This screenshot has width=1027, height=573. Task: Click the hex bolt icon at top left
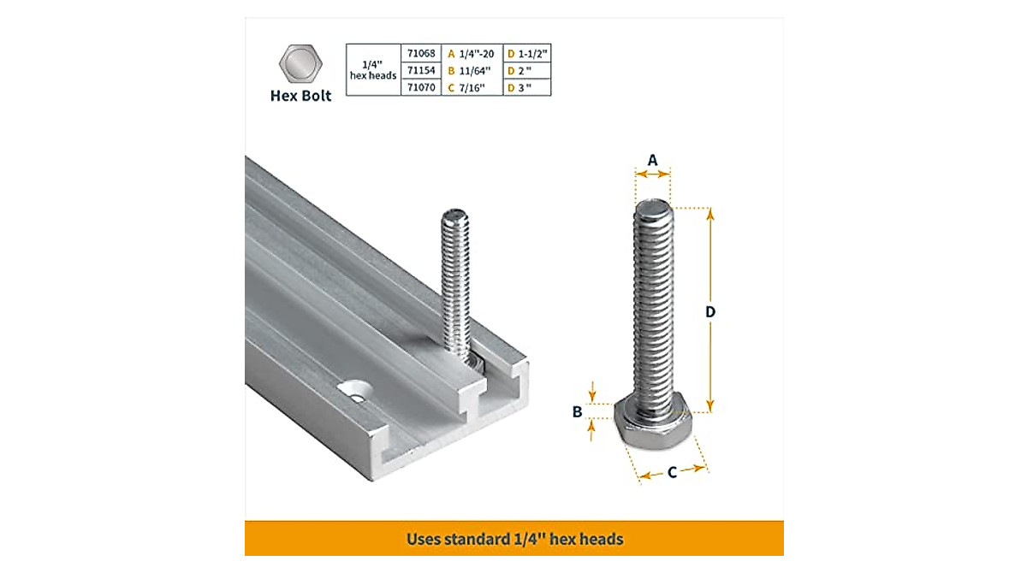pyautogui.click(x=300, y=64)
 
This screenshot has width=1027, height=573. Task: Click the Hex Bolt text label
pyautogui.click(x=300, y=96)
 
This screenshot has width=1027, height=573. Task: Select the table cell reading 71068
pyautogui.click(x=421, y=53)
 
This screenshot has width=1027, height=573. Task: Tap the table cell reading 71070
pyautogui.click(x=421, y=86)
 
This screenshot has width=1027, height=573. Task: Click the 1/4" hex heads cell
pyautogui.click(x=373, y=69)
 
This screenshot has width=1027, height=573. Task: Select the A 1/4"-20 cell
pyautogui.click(x=472, y=53)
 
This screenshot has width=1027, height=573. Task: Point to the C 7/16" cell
pyautogui.click(x=472, y=86)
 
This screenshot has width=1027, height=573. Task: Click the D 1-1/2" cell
pyautogui.click(x=526, y=53)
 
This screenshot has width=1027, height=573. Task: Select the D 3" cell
pyautogui.click(x=526, y=86)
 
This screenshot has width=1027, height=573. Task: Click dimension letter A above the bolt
pyautogui.click(x=652, y=159)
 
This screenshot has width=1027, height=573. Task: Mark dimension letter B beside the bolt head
pyautogui.click(x=577, y=412)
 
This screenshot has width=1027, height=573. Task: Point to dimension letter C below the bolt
pyautogui.click(x=673, y=472)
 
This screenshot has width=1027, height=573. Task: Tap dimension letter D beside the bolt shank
pyautogui.click(x=709, y=312)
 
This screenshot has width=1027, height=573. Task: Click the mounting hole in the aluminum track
pyautogui.click(x=356, y=388)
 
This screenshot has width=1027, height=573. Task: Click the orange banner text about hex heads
pyautogui.click(x=514, y=540)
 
